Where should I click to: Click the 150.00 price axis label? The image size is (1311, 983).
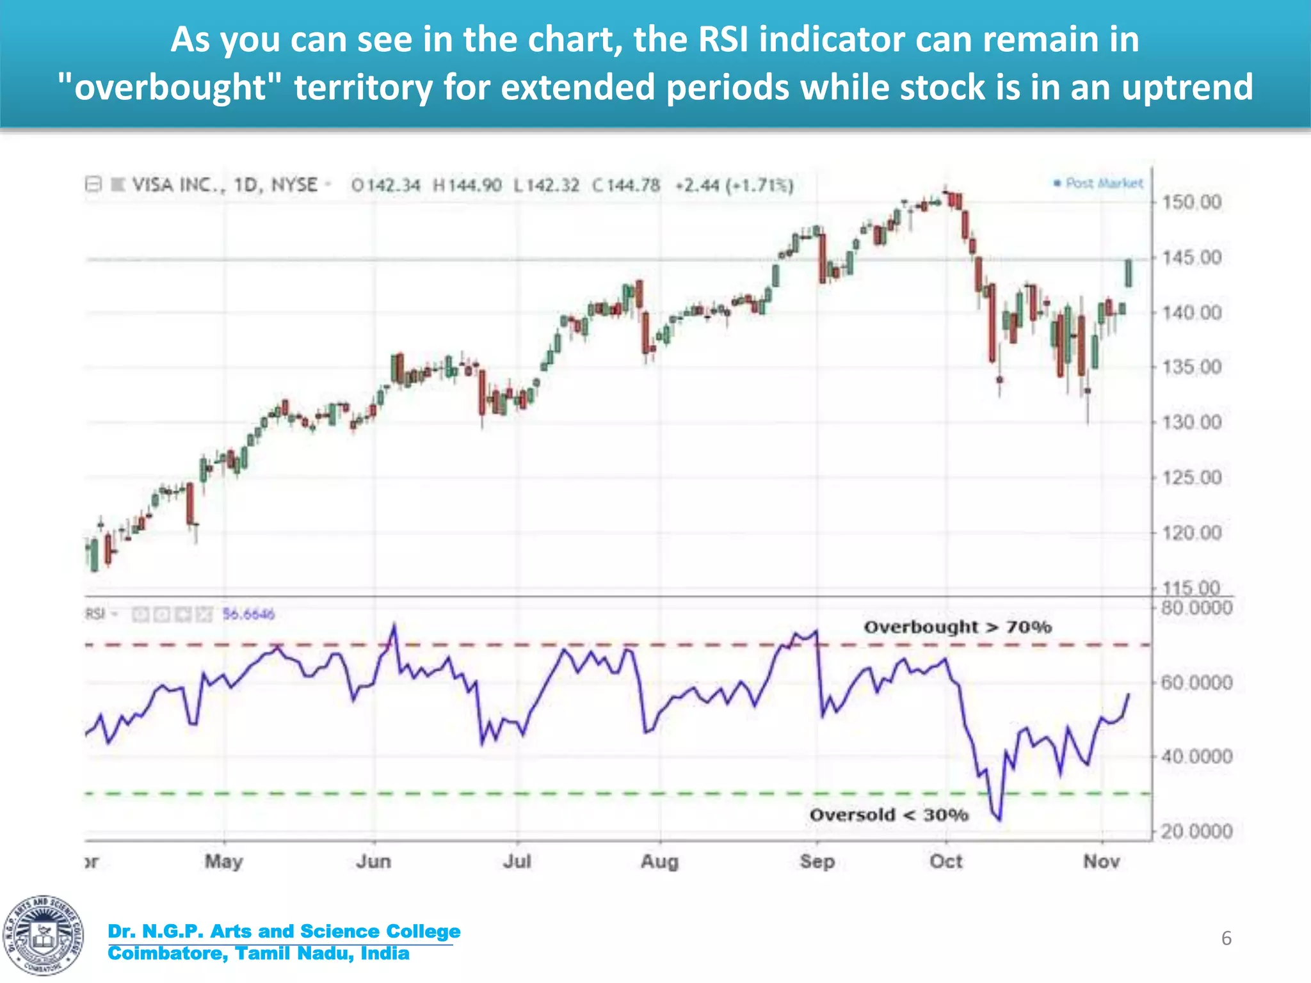click(1191, 202)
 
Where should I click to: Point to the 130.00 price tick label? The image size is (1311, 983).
click(1191, 422)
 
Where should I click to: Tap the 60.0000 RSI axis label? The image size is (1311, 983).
click(1196, 683)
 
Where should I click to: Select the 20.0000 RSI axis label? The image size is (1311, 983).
click(1196, 831)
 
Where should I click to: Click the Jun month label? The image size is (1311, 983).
click(373, 861)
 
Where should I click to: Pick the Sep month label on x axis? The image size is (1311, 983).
click(817, 861)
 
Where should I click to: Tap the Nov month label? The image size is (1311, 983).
click(1101, 861)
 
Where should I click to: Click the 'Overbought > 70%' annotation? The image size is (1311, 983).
click(958, 627)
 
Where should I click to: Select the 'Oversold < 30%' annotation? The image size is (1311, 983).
click(889, 815)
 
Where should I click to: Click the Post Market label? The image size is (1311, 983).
click(1103, 184)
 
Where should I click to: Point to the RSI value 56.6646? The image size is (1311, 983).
click(248, 614)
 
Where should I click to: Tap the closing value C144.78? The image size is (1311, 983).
click(626, 186)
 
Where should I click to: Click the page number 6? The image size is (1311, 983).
click(1226, 938)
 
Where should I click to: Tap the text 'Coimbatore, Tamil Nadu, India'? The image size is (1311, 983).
click(259, 954)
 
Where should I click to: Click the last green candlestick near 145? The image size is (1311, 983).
click(1128, 273)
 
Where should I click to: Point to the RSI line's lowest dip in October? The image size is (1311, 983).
click(999, 819)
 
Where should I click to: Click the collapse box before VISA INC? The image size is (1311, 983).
click(93, 185)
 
